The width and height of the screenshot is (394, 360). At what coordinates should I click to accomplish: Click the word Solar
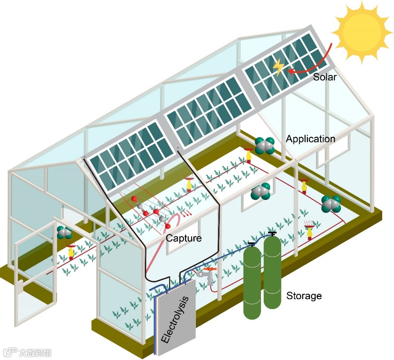325,78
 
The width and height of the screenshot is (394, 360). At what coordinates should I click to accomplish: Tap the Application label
310,139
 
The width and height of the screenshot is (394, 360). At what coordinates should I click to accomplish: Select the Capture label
184,238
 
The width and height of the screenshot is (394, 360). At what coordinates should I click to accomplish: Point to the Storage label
304,296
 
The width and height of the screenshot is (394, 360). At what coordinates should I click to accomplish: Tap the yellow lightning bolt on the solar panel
279,67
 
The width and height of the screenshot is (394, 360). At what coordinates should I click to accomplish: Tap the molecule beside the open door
64,233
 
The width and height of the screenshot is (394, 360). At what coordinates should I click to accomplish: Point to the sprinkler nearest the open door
71,251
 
